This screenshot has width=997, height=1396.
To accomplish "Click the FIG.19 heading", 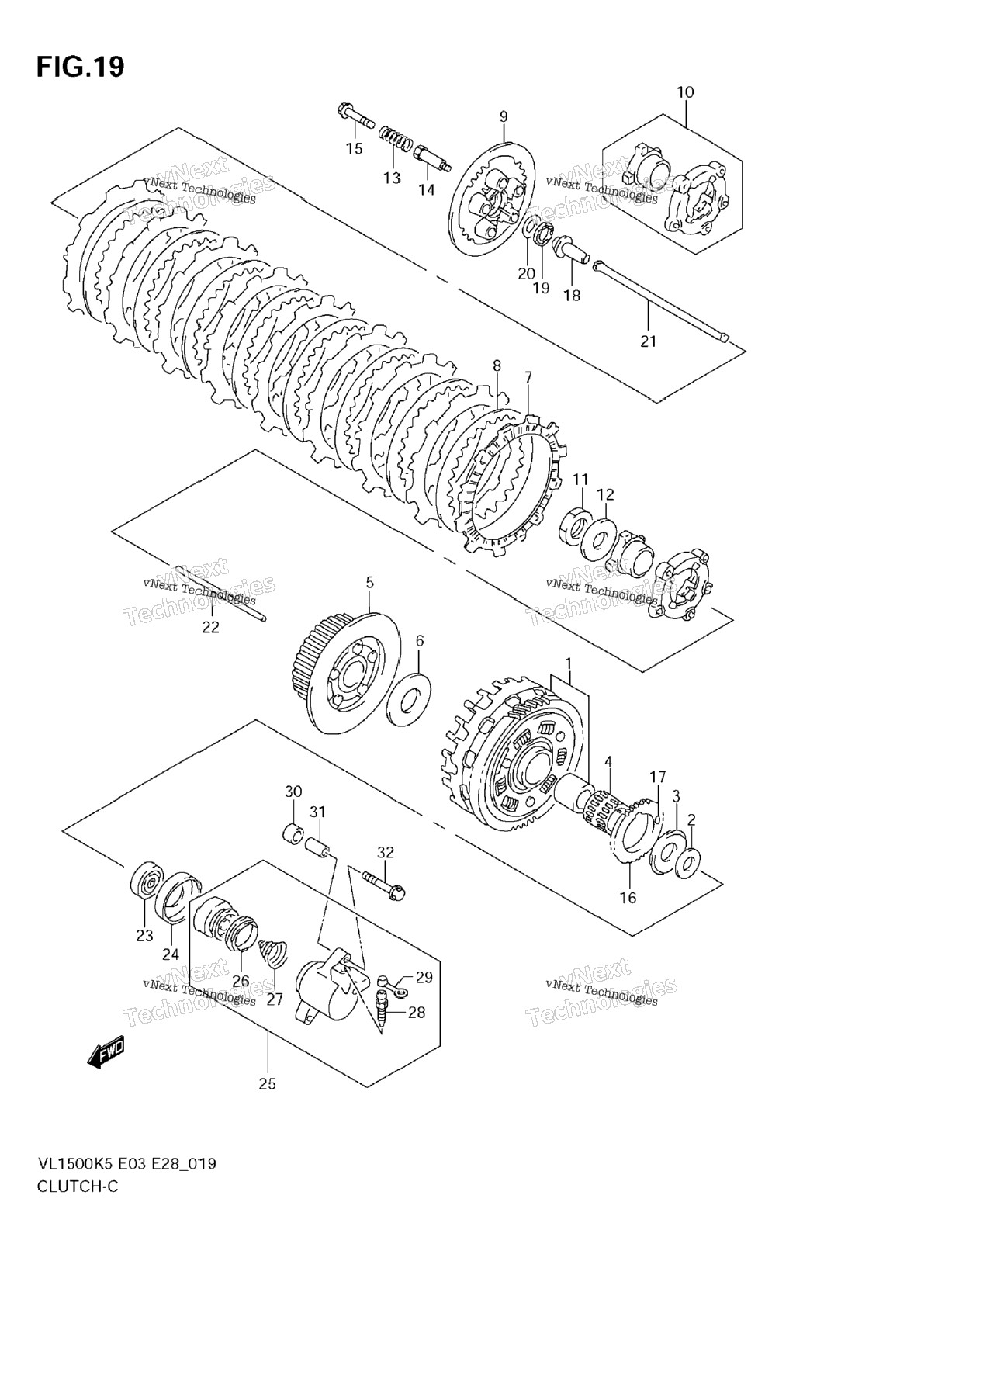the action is pos(80,68).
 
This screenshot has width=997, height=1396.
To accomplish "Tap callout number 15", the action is pos(354,149).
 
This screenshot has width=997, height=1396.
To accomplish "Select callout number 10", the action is pos(685,92).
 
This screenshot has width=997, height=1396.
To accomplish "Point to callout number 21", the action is pos(649,341).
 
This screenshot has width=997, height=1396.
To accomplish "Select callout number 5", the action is pos(370,581).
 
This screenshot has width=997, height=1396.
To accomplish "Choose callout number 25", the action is pos(267,1084).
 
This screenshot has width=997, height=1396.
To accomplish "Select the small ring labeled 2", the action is pos(687,864).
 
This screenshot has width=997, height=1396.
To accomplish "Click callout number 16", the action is pos(628,898).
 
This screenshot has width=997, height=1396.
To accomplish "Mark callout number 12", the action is pos(605,494).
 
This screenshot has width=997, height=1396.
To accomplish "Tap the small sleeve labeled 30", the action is pos(292,836).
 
